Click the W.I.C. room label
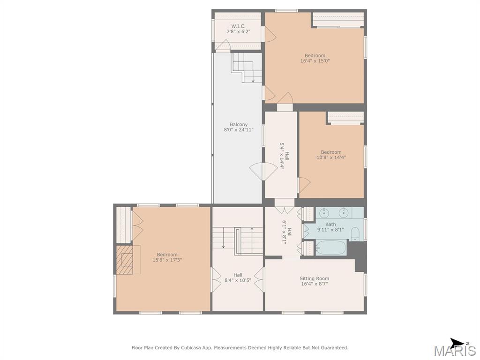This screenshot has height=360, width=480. pos(238,26)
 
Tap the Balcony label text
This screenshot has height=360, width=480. pos(239,125)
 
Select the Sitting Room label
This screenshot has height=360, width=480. pos(315,278)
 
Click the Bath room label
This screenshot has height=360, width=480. pos(330,225)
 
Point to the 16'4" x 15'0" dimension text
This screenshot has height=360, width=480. pos(315,61)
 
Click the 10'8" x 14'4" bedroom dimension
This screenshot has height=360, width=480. pos(331,157)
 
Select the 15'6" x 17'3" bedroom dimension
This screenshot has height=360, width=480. pos(167,260)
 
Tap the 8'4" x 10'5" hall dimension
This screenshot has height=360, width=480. pos(238,280)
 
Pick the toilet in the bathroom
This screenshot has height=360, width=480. pos(355,234)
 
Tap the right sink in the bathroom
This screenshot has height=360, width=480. pos(344,212)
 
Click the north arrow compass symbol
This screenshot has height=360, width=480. pos(457,343)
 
